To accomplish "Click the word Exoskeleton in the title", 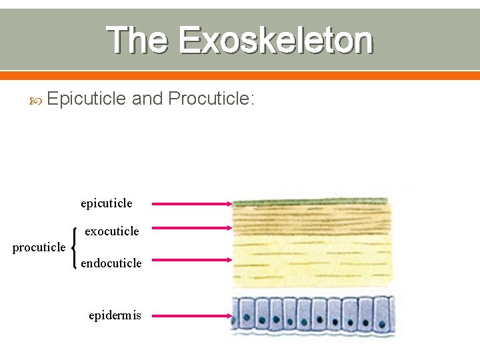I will point(275,40).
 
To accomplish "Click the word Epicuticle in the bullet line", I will point(87,99).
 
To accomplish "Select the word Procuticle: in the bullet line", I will point(211,99).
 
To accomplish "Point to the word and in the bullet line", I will point(147,99).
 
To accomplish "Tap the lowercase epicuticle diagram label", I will point(107,203).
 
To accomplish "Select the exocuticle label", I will point(112,231).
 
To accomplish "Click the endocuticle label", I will point(111,263).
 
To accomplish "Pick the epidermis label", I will point(115,315).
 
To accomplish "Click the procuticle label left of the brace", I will point(39,247).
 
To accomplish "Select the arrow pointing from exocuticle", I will point(191,229).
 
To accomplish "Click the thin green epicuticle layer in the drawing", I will point(311,202).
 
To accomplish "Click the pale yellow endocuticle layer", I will point(311,260).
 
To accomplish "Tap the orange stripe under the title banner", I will point(240,75).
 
